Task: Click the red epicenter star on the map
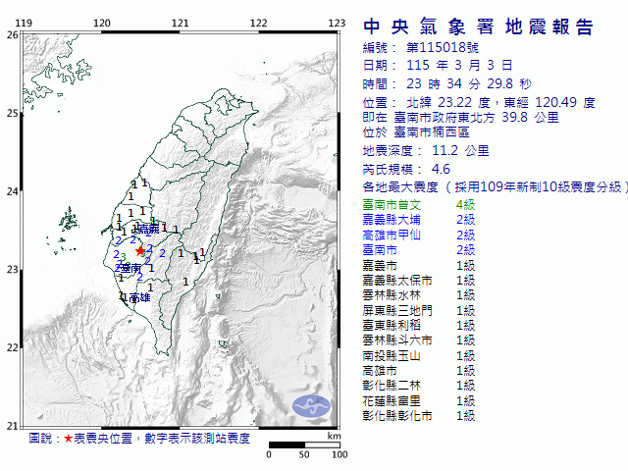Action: [139, 250]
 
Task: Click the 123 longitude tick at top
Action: [337, 24]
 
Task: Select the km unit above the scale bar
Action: [334, 435]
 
